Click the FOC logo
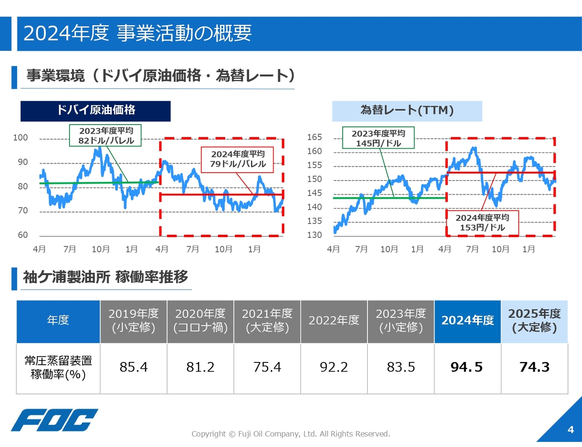click(x=55, y=420)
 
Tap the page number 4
click(x=571, y=429)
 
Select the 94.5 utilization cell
click(x=467, y=368)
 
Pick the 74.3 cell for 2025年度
click(x=534, y=368)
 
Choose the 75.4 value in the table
click(x=267, y=367)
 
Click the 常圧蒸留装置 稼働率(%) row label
click(x=58, y=367)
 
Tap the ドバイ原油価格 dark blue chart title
click(x=95, y=111)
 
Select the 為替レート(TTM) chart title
click(x=407, y=111)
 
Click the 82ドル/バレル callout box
click(x=105, y=136)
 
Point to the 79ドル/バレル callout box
click(x=237, y=159)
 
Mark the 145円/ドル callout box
click(x=378, y=138)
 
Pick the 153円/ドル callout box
click(x=482, y=223)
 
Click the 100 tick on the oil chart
click(x=20, y=138)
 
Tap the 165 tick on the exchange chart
click(x=315, y=137)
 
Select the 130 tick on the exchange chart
click(x=315, y=235)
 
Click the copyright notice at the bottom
click(x=291, y=434)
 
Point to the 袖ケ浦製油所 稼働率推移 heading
click(x=105, y=277)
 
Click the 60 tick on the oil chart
click(x=23, y=235)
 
